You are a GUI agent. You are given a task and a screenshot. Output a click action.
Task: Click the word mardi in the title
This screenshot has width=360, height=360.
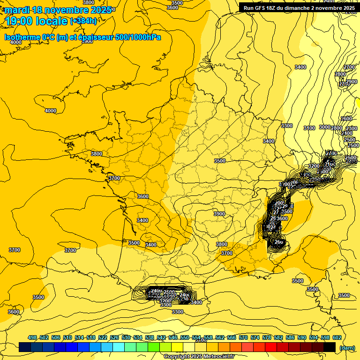pos(17,10)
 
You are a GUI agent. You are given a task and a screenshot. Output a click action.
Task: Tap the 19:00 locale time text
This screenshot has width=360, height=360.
pos(36,21)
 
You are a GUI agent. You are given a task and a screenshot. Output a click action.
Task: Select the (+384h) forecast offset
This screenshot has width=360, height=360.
pos(83,21)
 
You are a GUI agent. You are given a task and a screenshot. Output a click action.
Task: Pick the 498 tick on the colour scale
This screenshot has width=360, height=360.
pos(32,337)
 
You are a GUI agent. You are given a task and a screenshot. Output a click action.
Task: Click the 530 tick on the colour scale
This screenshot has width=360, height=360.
pos(126,337)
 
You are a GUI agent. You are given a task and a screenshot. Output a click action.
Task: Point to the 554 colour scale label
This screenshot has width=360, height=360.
pos(196,337)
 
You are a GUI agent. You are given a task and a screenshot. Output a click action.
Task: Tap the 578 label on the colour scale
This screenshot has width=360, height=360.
pos(267,337)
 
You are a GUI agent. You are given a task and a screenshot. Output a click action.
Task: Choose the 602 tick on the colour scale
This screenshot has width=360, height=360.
pos(337,337)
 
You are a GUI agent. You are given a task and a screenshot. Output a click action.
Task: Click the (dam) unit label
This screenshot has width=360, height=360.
pos(347,348)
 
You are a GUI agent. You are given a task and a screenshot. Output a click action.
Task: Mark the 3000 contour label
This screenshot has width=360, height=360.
pos(324,127)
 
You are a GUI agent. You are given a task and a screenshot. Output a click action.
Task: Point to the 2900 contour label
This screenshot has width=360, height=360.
pos(351,82)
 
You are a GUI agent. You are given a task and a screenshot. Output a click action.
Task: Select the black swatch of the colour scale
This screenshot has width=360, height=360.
pos(329,347)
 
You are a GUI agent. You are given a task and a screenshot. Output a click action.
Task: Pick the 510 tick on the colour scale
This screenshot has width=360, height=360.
pos(67,337)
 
